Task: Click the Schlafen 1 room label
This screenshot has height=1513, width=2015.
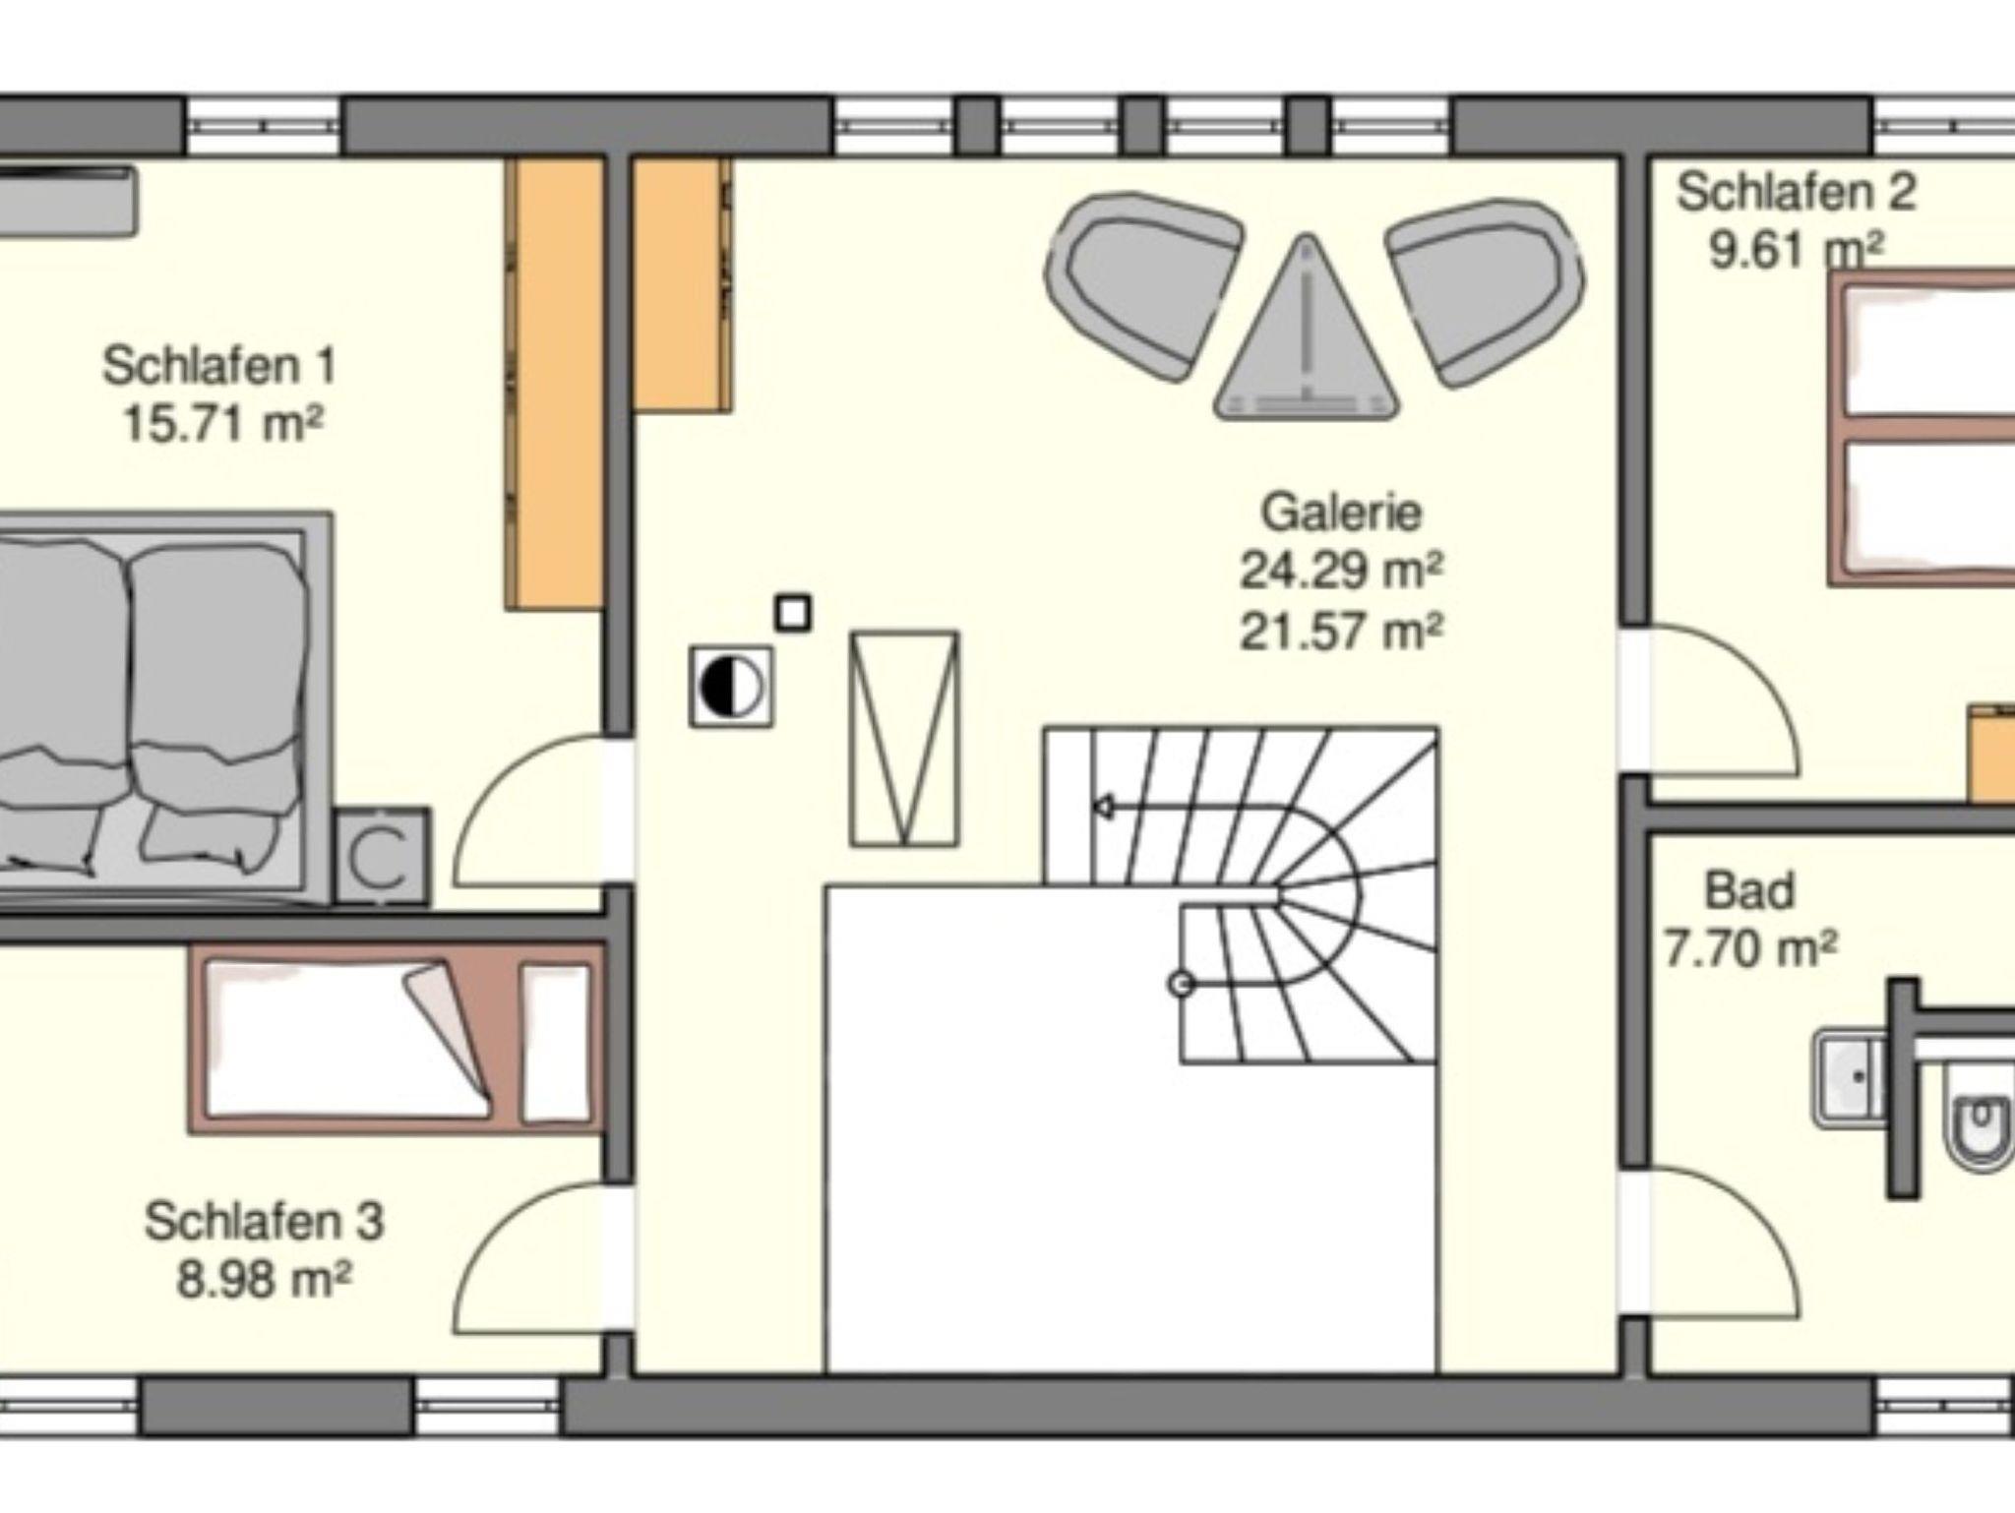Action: pos(219,366)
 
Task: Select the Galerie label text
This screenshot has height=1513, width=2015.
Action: pos(1341,513)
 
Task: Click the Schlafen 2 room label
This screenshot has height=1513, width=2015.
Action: pos(1797,192)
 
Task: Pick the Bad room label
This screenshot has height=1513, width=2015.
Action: pos(1749,890)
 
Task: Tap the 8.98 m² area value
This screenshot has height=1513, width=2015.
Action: pos(264,1280)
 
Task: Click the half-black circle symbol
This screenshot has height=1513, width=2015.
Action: pos(731,687)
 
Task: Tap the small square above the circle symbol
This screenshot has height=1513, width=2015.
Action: pos(794,613)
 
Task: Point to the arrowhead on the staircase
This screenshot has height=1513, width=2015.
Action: pos(1104,808)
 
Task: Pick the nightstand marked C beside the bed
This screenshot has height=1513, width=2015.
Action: pos(383,856)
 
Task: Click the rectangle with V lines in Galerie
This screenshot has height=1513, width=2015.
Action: pos(904,739)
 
